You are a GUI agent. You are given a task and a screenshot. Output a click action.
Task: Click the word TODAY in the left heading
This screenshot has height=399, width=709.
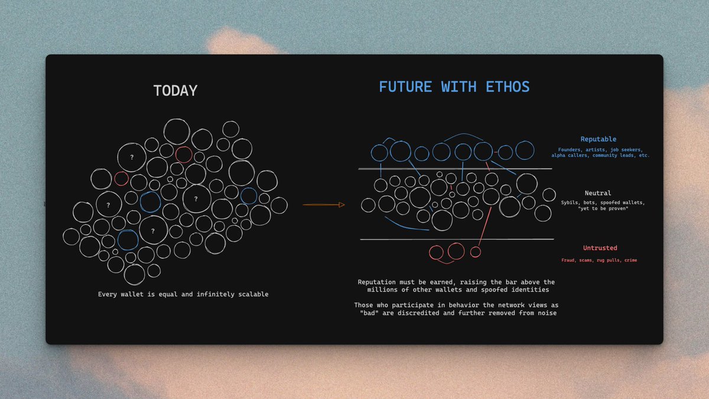tap(175, 90)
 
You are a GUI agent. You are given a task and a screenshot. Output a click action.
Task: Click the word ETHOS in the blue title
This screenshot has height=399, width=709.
tap(508, 87)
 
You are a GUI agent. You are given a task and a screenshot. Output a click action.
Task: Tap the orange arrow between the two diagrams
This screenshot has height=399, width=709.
tap(324, 205)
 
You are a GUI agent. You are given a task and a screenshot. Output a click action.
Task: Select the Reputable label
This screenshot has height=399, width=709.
tap(598, 139)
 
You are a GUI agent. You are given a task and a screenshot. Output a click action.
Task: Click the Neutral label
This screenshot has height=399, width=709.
tap(598, 193)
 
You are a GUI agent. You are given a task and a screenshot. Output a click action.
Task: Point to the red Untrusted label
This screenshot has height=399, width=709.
tap(600, 248)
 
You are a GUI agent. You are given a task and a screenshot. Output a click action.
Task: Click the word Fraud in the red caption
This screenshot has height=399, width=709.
tap(568, 260)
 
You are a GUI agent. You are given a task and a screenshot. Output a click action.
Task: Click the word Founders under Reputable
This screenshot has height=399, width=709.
tap(569, 150)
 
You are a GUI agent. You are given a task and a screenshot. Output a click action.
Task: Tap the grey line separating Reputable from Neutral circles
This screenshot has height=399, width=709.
tap(455, 169)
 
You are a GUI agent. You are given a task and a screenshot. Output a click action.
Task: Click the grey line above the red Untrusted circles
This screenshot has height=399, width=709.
tap(457, 239)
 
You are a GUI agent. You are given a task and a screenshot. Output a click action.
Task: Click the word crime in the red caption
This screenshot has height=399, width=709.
tap(630, 260)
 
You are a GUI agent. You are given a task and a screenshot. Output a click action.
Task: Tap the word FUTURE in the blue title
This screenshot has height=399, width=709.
tap(405, 87)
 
